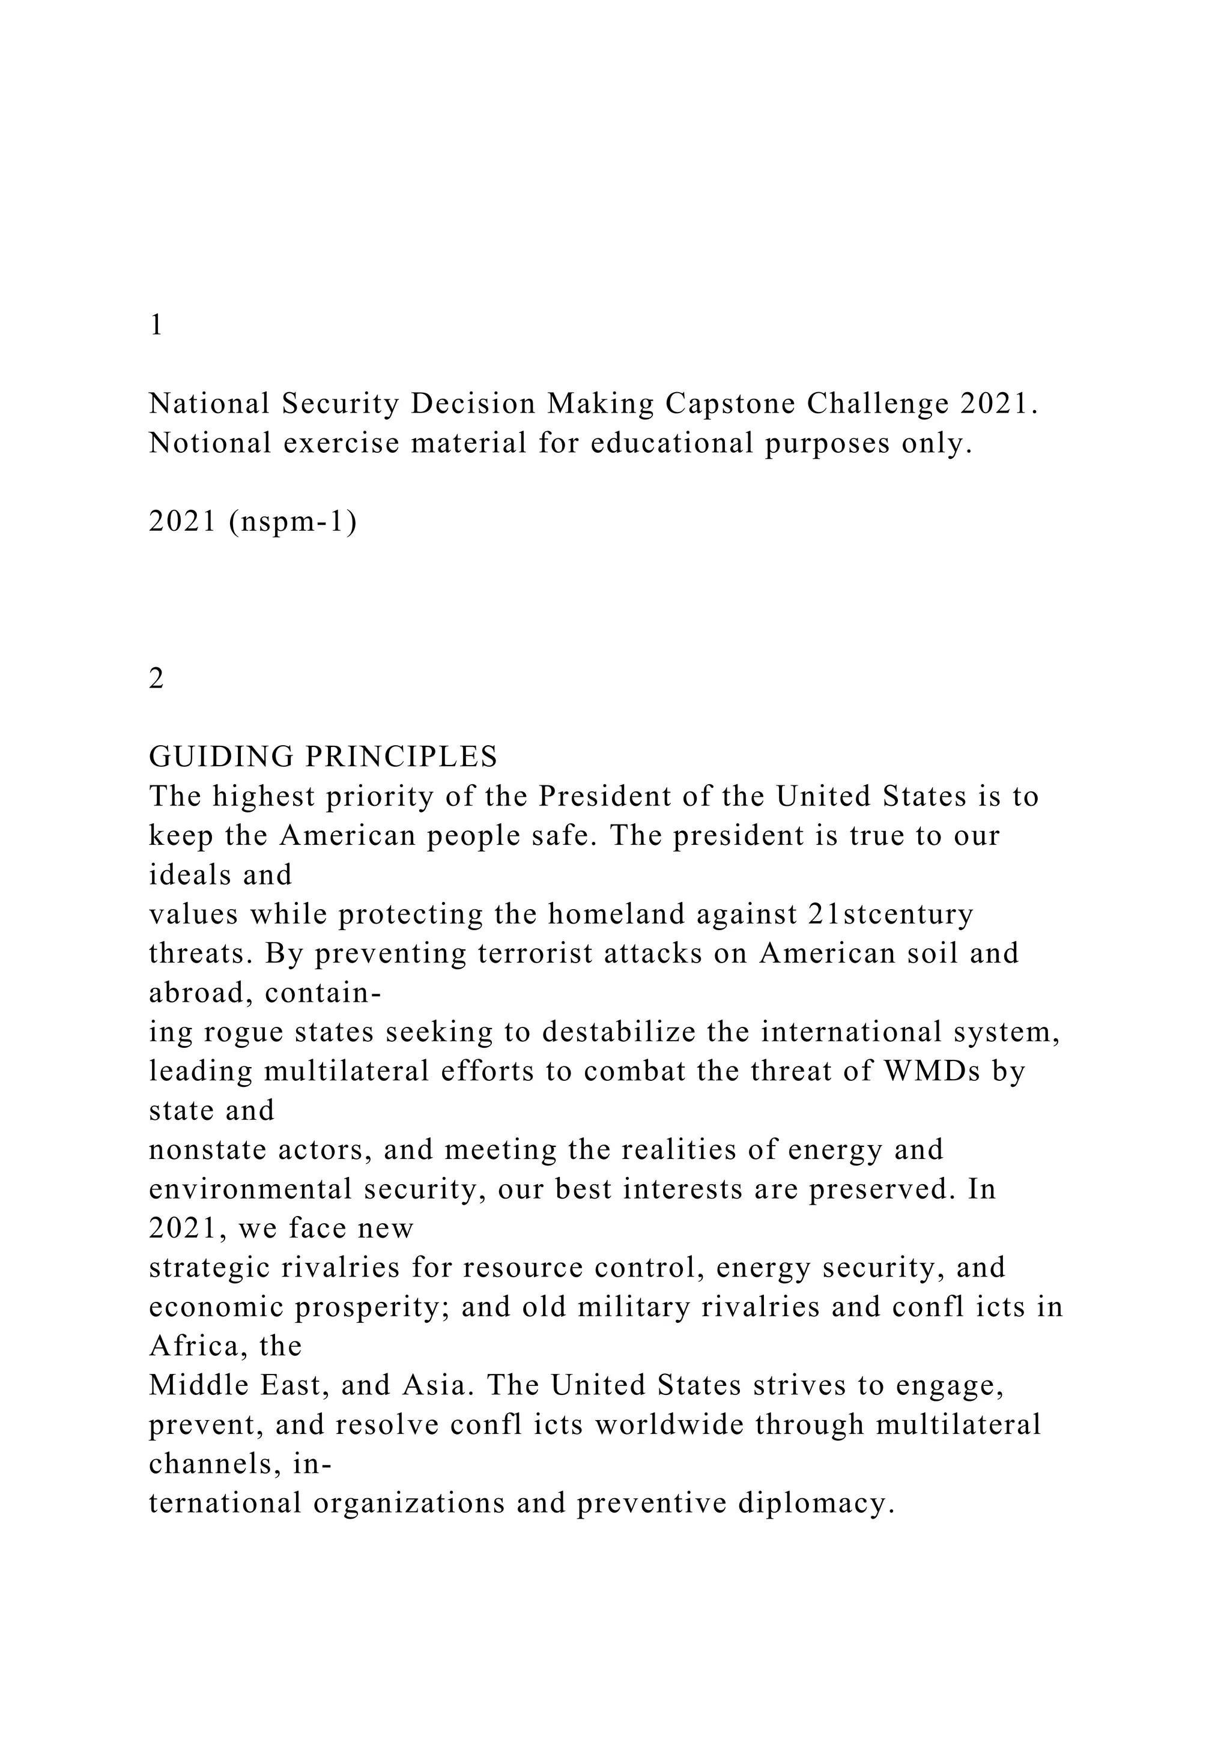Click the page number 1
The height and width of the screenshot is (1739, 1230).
point(157,325)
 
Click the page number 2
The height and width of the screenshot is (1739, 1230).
point(157,679)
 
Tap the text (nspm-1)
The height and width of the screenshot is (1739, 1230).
point(292,522)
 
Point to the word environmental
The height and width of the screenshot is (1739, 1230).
point(250,1189)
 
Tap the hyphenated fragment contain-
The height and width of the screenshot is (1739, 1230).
point(322,993)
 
